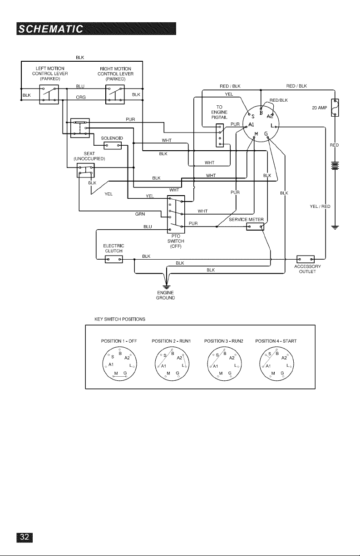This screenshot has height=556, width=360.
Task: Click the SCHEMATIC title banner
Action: (x=96, y=29)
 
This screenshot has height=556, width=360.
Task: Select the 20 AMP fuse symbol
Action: (x=335, y=108)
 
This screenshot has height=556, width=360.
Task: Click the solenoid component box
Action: (x=113, y=145)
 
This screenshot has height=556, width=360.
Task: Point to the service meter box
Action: (x=255, y=226)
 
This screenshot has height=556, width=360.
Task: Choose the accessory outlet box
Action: (x=306, y=259)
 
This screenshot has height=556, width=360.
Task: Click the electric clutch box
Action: (x=113, y=260)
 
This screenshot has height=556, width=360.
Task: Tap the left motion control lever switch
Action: (x=49, y=94)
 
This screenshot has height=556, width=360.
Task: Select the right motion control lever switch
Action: (x=115, y=94)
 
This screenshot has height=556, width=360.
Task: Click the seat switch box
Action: (x=86, y=170)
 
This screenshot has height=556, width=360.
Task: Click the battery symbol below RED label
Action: (x=335, y=166)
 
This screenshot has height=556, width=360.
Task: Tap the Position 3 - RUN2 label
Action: (x=224, y=341)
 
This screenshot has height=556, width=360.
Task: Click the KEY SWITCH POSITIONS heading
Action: (x=120, y=319)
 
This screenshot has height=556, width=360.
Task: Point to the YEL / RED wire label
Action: (x=320, y=206)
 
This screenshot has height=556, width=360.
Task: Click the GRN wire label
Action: (x=140, y=214)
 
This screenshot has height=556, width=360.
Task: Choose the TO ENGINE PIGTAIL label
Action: (x=219, y=112)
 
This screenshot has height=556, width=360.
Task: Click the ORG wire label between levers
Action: (x=81, y=97)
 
